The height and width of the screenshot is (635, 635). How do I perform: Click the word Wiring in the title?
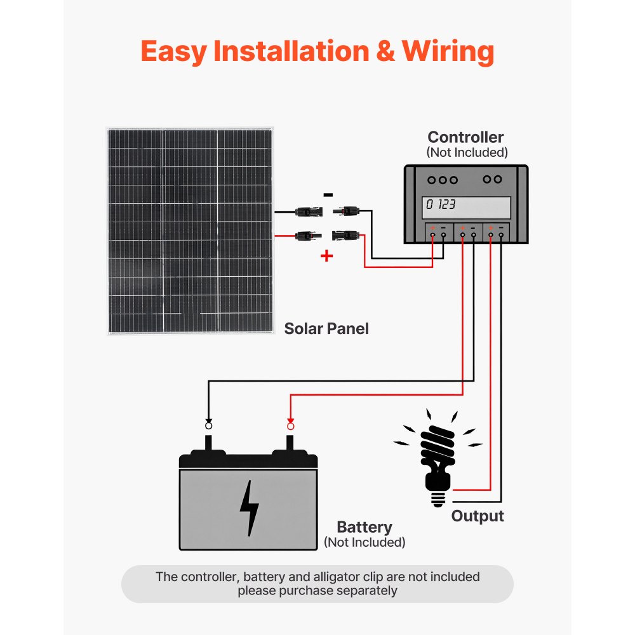point(448,51)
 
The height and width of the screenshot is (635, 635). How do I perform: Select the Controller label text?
point(465,137)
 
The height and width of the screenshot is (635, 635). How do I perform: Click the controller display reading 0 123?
point(467,206)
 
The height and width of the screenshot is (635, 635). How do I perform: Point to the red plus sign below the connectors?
point(326,256)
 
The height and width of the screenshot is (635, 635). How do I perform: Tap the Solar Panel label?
point(326,328)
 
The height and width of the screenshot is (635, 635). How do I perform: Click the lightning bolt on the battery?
point(250,507)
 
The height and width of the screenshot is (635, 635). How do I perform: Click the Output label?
point(477,516)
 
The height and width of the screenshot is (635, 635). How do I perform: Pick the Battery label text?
point(364,527)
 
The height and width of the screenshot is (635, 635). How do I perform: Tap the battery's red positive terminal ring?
point(291,425)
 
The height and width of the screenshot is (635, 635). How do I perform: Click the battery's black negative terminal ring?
point(208,425)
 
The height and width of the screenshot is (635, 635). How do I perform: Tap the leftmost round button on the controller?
point(432,180)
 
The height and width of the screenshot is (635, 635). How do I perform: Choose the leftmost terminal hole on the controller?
point(432,236)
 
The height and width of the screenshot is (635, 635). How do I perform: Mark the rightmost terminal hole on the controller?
point(501,236)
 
